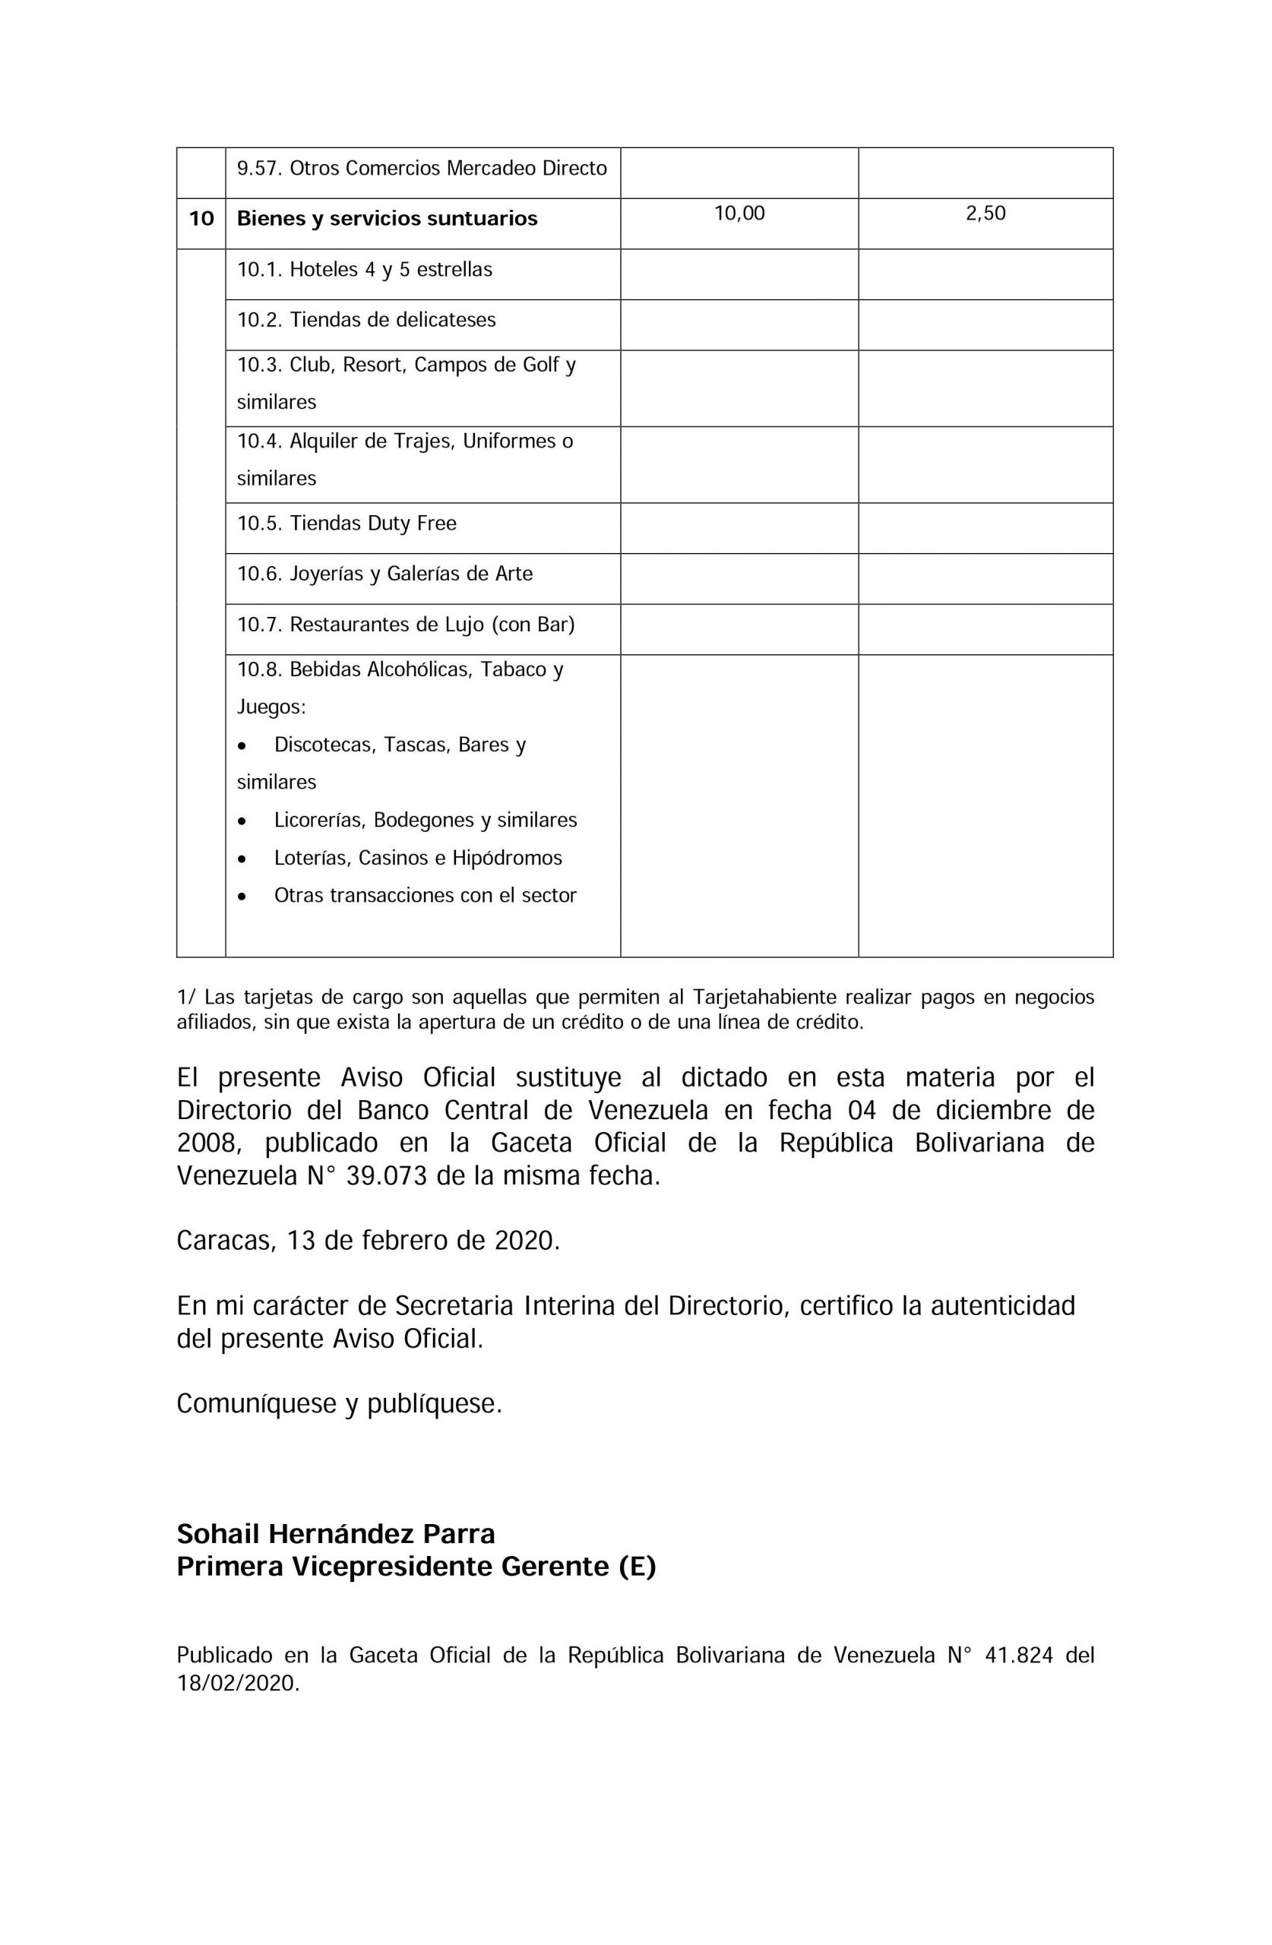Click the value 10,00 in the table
pyautogui.click(x=739, y=214)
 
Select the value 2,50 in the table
pyautogui.click(x=985, y=214)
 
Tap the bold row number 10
pyautogui.click(x=201, y=219)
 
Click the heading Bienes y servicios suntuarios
pyautogui.click(x=387, y=219)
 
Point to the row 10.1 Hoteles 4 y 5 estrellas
pyautogui.click(x=365, y=270)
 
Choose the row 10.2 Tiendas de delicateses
pyautogui.click(x=366, y=320)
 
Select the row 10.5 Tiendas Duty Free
pyautogui.click(x=346, y=523)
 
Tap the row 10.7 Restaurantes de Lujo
pyautogui.click(x=406, y=625)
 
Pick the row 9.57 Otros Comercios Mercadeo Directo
pyautogui.click(x=422, y=169)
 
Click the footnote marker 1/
pyautogui.click(x=185, y=998)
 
